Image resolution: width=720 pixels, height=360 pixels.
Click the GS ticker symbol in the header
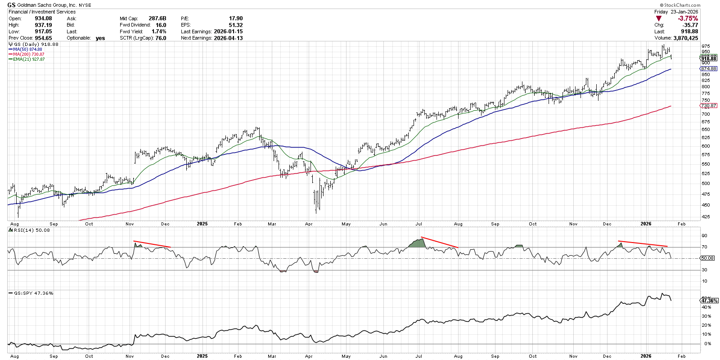point(12,5)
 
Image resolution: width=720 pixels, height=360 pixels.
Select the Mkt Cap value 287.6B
point(157,18)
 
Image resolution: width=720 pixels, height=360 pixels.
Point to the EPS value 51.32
point(235,25)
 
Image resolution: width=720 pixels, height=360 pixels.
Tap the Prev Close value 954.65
point(43,38)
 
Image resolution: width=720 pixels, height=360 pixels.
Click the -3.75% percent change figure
point(688,18)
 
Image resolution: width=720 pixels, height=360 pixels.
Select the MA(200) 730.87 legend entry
point(28,54)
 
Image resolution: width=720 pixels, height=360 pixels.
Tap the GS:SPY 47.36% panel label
point(34,293)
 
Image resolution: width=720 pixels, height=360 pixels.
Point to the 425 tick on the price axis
point(706,217)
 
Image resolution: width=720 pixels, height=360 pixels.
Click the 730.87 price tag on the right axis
point(708,106)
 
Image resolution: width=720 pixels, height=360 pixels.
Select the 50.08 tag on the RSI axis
point(707,258)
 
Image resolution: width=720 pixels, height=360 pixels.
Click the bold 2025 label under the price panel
point(202,224)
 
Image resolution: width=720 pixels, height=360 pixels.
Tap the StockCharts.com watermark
point(680,5)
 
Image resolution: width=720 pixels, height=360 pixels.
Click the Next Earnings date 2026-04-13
point(228,38)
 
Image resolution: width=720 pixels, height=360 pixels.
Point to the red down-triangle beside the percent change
point(659,18)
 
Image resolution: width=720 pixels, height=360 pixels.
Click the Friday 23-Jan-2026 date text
point(676,12)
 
